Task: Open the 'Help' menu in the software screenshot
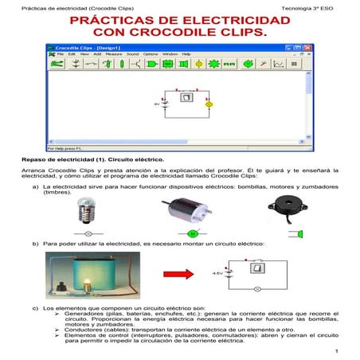(186, 54)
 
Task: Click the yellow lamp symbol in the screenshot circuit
(209, 104)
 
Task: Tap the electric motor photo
(190, 213)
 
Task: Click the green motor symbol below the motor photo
(192, 233)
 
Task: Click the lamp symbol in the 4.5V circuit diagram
(256, 288)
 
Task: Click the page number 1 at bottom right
(338, 351)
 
